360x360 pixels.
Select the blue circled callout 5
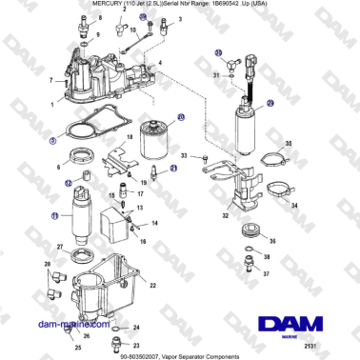54,141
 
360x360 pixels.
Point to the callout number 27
60,247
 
